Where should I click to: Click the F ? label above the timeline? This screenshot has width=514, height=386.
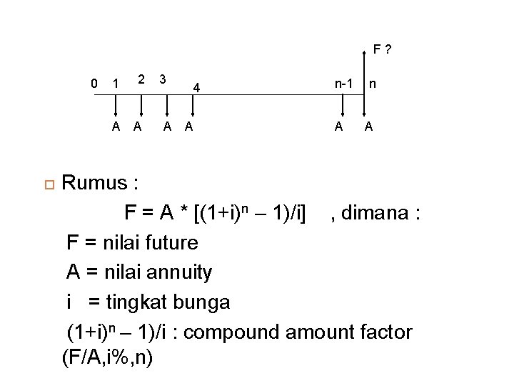tap(381, 50)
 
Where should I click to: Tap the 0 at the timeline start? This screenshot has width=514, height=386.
tap(95, 84)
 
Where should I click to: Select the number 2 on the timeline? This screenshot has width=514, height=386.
tap(141, 78)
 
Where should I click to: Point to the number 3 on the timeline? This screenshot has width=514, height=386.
tap(163, 78)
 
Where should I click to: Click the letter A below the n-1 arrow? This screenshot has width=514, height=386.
tap(340, 127)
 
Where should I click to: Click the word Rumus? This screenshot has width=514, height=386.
tap(94, 184)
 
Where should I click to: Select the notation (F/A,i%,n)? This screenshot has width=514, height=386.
tap(108, 357)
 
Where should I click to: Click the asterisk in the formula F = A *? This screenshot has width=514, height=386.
tap(184, 212)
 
